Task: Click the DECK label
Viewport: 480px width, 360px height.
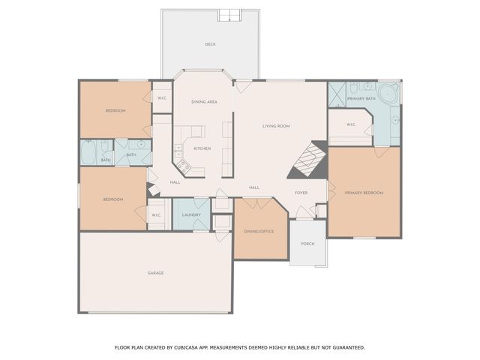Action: [211, 44]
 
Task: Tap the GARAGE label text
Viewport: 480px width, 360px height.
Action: [155, 272]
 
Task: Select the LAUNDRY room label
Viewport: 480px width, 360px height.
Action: [191, 215]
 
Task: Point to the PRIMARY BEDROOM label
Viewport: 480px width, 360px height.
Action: [364, 193]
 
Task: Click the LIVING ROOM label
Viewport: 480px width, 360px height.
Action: [276, 126]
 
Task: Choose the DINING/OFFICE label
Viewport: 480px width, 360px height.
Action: [259, 231]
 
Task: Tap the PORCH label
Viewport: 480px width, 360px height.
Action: [307, 244]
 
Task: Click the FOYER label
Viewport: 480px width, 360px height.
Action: [301, 193]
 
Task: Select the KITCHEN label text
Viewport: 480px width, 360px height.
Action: [202, 148]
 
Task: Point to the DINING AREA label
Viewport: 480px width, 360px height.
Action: [204, 101]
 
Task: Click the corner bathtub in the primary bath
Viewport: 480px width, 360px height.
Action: [388, 94]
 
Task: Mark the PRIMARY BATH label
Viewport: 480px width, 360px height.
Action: [361, 99]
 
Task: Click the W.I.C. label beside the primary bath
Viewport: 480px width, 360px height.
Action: [351, 124]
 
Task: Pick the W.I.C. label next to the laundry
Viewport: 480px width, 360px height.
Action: [156, 215]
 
